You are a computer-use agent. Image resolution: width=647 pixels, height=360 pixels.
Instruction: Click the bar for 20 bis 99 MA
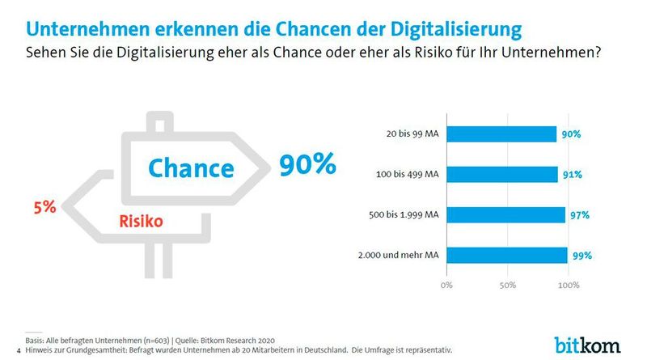pos(501,134)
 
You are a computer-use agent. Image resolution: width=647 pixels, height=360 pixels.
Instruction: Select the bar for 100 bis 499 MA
pos(501,175)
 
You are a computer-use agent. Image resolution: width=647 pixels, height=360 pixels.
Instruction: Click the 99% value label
pos(582,256)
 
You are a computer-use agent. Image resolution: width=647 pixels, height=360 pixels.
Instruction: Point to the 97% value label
pos(579,215)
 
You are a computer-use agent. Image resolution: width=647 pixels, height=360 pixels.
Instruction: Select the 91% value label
pos(572,175)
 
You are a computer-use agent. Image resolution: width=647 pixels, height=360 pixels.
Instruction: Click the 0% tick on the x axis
pos(446,286)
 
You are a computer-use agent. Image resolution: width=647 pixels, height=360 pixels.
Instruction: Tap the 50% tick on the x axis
pos(507,286)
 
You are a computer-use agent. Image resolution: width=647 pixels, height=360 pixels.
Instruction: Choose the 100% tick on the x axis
pos(568,286)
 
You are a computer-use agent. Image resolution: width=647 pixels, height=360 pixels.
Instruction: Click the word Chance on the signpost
pos(190,167)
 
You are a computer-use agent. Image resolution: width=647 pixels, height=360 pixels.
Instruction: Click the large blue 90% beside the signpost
pos(307,164)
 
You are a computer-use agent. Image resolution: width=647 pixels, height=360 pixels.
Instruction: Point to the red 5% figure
pos(44,207)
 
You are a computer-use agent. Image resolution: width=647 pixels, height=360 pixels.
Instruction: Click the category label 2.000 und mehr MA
pos(400,256)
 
